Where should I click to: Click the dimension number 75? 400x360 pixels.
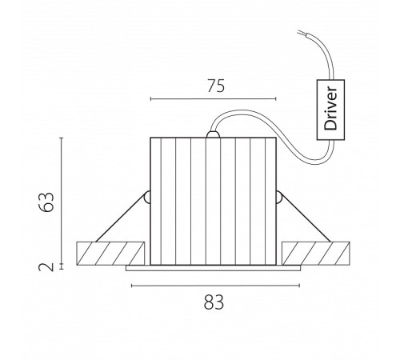coord(216,86)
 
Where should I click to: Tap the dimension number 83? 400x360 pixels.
coord(214,302)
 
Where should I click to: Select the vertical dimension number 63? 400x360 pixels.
coord(46,202)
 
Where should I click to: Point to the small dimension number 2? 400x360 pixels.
coord(46,267)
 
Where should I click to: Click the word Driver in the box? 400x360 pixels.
coord(330,108)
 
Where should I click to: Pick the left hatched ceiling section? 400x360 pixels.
coord(110,254)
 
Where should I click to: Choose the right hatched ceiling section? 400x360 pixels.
coord(316,254)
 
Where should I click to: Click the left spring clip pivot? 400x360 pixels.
coord(147,198)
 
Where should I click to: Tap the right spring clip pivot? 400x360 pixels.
coord(279,198)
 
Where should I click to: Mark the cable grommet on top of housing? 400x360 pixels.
coord(213,134)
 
